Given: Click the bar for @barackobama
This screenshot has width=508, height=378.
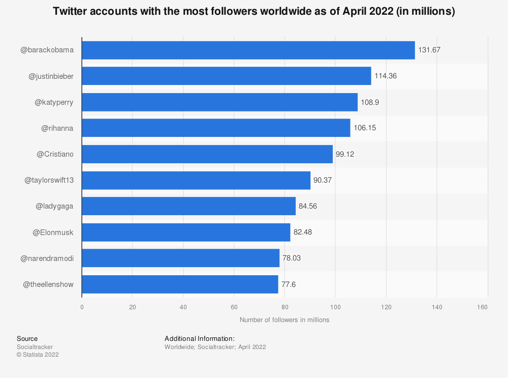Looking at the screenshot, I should click(x=248, y=50).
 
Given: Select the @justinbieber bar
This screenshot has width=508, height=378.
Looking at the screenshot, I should click(x=226, y=76).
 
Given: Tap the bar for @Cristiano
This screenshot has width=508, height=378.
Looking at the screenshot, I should click(x=207, y=154).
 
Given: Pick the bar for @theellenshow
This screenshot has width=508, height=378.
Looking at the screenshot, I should click(x=180, y=284).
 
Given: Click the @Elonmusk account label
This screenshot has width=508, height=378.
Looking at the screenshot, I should click(x=53, y=232).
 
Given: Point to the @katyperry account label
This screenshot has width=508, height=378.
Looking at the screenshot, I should click(x=54, y=102).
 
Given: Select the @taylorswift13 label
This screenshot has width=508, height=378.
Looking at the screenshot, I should click(x=49, y=180).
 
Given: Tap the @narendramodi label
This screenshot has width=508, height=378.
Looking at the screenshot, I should click(x=47, y=258).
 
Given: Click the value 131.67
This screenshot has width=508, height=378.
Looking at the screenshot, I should click(x=429, y=50).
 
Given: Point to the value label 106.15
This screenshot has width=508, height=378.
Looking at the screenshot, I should click(x=364, y=128).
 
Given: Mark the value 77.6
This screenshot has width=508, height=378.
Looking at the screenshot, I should click(x=289, y=284).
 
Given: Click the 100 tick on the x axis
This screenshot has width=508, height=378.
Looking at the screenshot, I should click(x=335, y=307).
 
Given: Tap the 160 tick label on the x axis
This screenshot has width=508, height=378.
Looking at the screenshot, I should click(x=483, y=307).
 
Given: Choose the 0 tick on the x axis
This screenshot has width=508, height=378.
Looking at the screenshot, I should click(x=82, y=307).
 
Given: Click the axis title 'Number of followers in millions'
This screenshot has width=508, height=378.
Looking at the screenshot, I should click(x=284, y=320).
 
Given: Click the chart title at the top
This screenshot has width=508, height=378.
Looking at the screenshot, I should click(x=253, y=12).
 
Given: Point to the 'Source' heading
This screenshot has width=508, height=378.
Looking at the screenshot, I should click(x=27, y=339).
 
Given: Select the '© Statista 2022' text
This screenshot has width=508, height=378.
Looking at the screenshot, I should click(x=38, y=355).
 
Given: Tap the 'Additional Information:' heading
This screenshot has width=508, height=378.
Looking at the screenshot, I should click(x=199, y=339).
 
